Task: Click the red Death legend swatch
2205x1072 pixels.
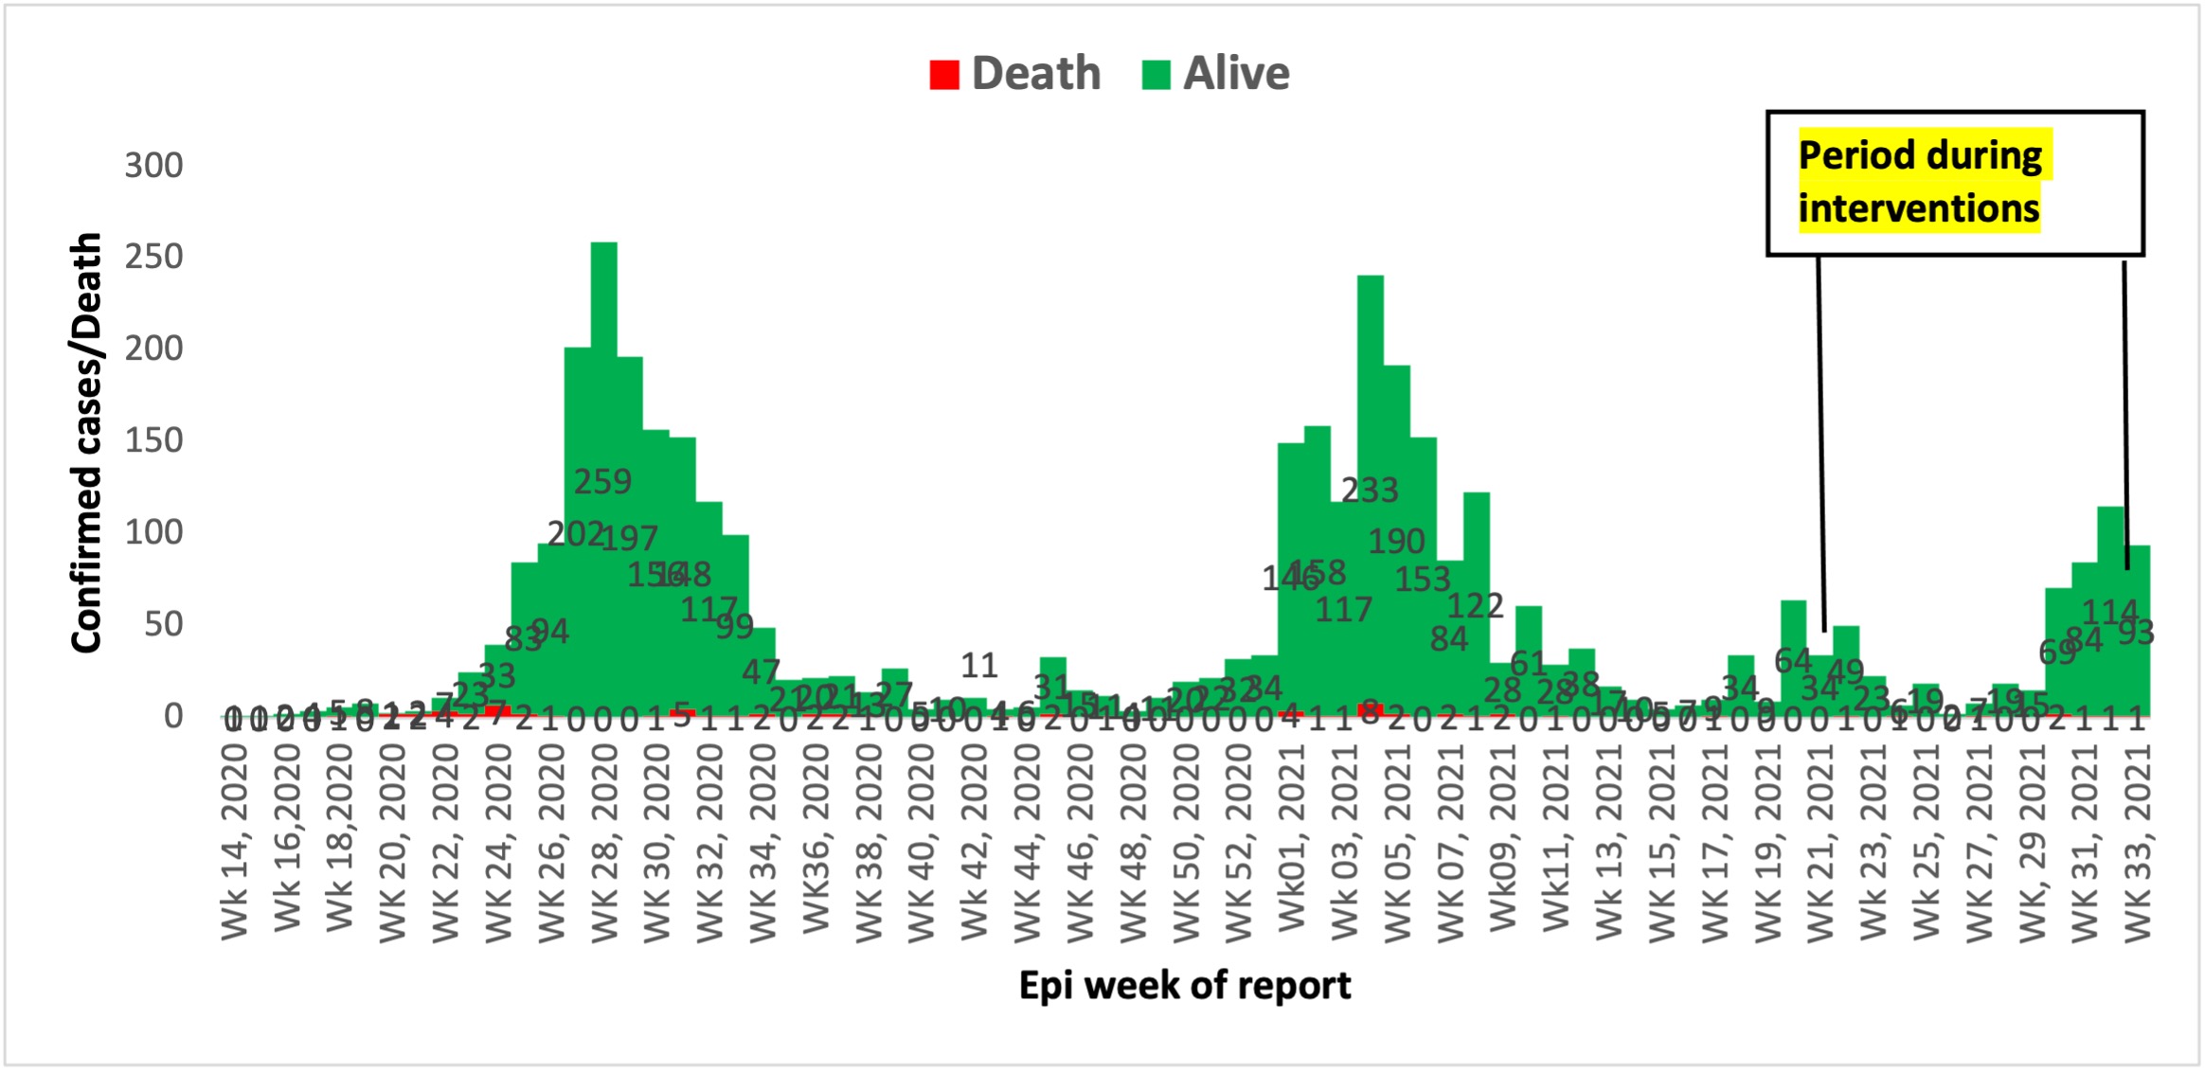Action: [x=944, y=75]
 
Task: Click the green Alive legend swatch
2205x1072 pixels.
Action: [x=1156, y=75]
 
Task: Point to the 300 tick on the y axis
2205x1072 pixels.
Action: [x=153, y=166]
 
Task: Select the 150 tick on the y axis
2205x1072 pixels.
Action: [x=153, y=440]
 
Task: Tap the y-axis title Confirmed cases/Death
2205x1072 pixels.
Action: [x=86, y=442]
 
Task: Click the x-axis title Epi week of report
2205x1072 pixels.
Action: [x=1184, y=986]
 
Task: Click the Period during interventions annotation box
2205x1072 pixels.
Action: [x=1954, y=183]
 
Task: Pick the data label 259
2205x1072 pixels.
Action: [x=602, y=482]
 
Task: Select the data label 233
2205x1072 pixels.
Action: [x=1370, y=490]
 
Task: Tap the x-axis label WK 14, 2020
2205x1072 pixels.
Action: [x=235, y=842]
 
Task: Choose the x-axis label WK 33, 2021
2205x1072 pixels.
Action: [x=2138, y=842]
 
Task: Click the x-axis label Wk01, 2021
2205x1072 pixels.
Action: [x=1291, y=837]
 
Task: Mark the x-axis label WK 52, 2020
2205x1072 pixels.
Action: [x=1238, y=842]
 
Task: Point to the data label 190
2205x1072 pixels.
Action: [x=1396, y=541]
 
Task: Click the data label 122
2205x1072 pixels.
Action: [x=1475, y=605]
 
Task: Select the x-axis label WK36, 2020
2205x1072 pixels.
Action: [x=816, y=837]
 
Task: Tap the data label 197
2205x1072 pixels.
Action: [x=629, y=539]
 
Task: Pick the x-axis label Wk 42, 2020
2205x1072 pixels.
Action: [x=974, y=842]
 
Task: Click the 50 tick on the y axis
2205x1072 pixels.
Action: [x=163, y=624]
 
